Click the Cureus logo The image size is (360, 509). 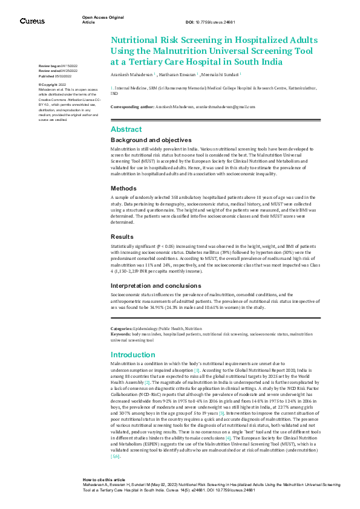click(x=32, y=21)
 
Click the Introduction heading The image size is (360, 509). click(x=133, y=354)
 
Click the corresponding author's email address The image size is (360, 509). click(x=226, y=106)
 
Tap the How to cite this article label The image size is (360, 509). click(x=104, y=478)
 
